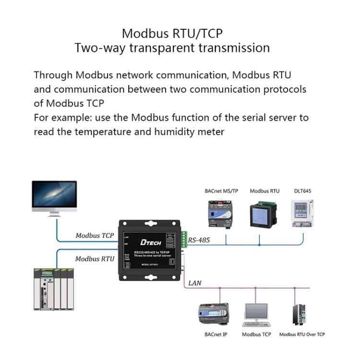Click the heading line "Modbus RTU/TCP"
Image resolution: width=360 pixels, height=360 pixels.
point(172,34)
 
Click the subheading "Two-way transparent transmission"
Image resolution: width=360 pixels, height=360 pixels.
point(172,48)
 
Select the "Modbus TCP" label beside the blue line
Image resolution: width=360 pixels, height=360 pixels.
point(95,236)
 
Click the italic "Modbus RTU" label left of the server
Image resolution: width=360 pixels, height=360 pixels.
point(95,259)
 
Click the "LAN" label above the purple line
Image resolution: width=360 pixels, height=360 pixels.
point(195,283)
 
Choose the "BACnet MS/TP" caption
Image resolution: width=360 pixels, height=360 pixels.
point(221,191)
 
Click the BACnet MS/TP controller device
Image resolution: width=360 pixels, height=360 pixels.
point(220,213)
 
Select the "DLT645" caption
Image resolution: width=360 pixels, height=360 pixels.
point(303,191)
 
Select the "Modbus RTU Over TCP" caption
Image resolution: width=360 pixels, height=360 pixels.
point(302,335)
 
